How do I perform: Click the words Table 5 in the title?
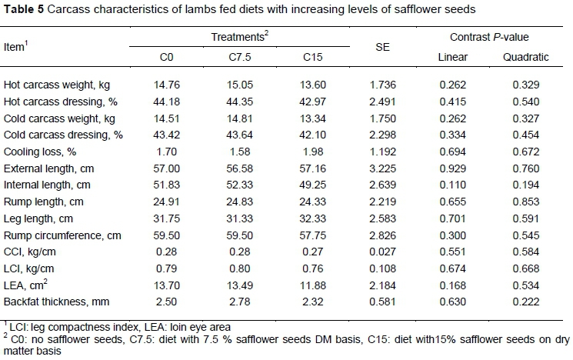pyautogui.click(x=22, y=8)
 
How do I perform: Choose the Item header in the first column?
pyautogui.click(x=16, y=47)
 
